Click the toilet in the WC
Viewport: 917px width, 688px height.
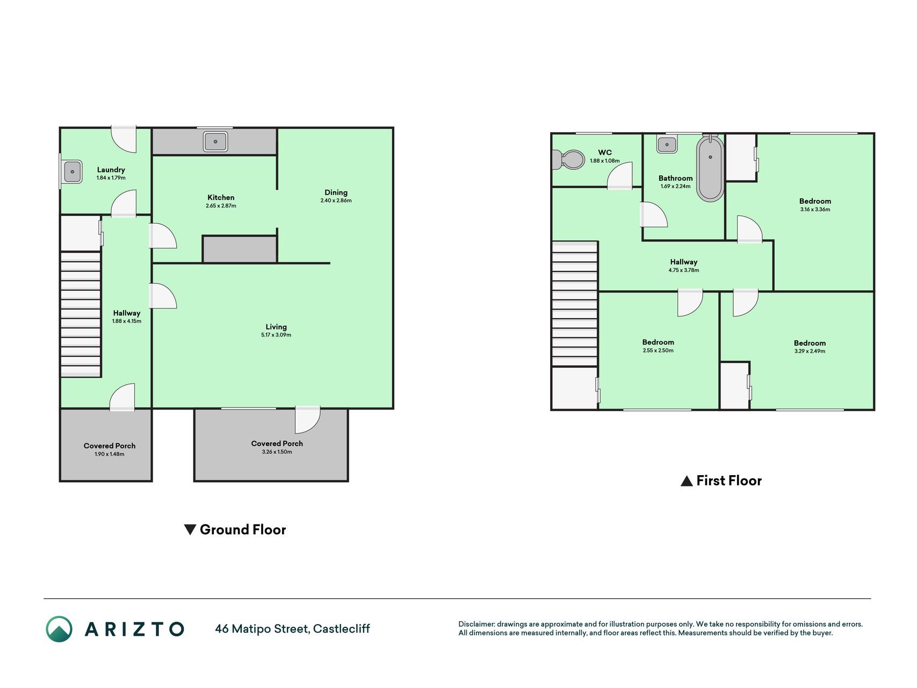pyautogui.click(x=569, y=160)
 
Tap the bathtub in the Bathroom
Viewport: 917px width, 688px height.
pyautogui.click(x=710, y=168)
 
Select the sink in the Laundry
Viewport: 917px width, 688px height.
pyautogui.click(x=71, y=172)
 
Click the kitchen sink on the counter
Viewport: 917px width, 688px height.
pyautogui.click(x=215, y=141)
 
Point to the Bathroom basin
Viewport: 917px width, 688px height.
pyautogui.click(x=667, y=144)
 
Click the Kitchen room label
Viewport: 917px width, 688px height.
pyautogui.click(x=221, y=197)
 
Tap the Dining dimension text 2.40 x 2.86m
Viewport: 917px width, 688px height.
pyautogui.click(x=336, y=200)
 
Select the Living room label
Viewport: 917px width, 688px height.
pyautogui.click(x=276, y=327)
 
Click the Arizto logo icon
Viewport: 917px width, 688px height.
pyautogui.click(x=59, y=629)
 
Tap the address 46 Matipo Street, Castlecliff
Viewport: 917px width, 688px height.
pyautogui.click(x=292, y=629)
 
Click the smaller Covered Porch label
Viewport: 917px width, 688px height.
pyautogui.click(x=110, y=446)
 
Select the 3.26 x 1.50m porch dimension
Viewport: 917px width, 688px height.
pyautogui.click(x=277, y=452)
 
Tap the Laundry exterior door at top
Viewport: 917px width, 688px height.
pyautogui.click(x=124, y=139)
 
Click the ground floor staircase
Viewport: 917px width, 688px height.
pyautogui.click(x=81, y=314)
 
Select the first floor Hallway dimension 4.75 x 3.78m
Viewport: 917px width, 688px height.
pyautogui.click(x=684, y=270)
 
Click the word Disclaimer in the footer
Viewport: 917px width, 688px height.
pyautogui.click(x=476, y=624)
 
